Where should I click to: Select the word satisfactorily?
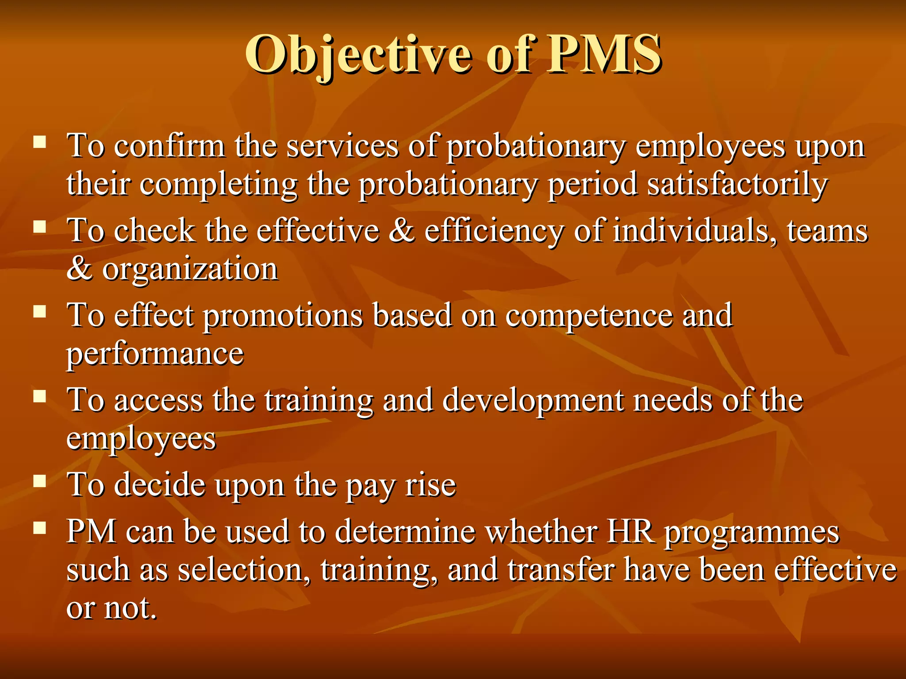coord(737,184)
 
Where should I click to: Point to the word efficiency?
coord(494,231)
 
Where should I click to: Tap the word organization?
coord(190,269)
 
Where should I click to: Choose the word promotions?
coord(283,316)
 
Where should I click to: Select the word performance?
coord(155,354)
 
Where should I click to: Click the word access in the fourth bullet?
coord(158,401)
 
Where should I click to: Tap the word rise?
coord(430,485)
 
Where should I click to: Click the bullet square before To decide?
coord(40,481)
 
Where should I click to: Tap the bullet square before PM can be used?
coord(40,527)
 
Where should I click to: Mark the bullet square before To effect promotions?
coord(40,312)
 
